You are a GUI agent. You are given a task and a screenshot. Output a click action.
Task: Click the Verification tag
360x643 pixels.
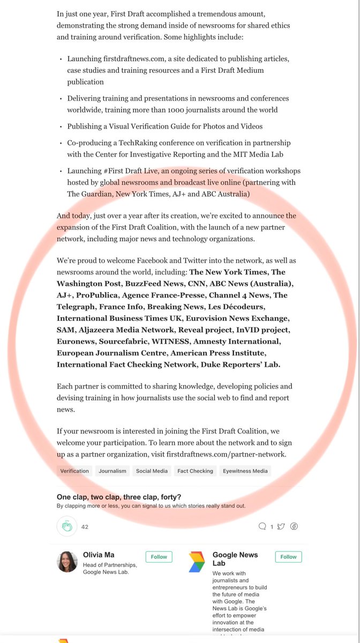(74, 471)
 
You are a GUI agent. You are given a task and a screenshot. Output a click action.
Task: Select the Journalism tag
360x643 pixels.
(112, 471)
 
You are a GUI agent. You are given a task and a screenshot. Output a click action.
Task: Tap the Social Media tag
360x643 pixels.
(152, 471)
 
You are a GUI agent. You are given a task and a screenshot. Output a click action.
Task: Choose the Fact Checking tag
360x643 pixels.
(195, 471)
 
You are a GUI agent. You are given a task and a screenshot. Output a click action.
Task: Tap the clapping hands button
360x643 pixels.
(67, 527)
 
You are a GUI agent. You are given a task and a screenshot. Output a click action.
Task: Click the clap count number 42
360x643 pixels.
(85, 527)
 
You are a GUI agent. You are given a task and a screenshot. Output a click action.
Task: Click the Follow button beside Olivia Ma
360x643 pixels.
(159, 557)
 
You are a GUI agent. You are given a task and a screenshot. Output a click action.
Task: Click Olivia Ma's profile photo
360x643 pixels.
(67, 562)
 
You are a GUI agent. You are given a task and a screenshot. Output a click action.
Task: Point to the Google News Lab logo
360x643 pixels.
(197, 562)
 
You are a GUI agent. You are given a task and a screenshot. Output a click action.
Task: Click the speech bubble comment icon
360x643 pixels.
(262, 527)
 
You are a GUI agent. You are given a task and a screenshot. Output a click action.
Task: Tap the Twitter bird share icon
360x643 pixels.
(281, 527)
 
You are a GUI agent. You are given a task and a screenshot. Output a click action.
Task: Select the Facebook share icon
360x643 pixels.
(294, 527)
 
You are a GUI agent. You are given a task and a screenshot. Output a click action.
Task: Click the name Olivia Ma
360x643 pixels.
(99, 555)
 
